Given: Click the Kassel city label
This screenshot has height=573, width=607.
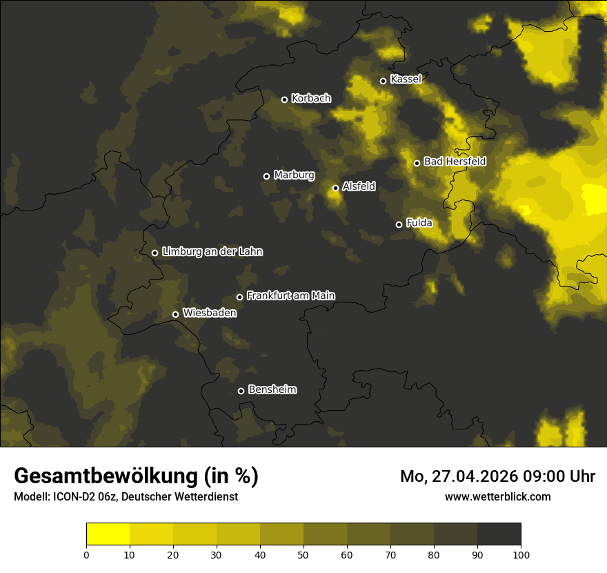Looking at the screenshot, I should pyautogui.click(x=406, y=79).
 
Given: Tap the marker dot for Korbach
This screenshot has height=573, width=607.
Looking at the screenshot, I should pyautogui.click(x=284, y=99).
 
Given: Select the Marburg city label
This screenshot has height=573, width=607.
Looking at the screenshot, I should pyautogui.click(x=294, y=175).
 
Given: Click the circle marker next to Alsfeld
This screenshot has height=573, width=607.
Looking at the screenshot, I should pyautogui.click(x=336, y=188).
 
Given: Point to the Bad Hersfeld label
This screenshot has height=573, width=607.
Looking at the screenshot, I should pyautogui.click(x=455, y=162).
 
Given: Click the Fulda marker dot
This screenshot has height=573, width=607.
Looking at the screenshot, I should pyautogui.click(x=399, y=224).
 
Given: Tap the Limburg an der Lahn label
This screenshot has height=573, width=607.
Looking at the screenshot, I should pyautogui.click(x=212, y=252).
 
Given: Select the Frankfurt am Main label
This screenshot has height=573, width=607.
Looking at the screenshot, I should pyautogui.click(x=290, y=295).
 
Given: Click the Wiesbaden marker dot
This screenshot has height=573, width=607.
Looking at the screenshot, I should pyautogui.click(x=175, y=314).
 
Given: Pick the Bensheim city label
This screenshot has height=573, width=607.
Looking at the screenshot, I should pyautogui.click(x=272, y=389).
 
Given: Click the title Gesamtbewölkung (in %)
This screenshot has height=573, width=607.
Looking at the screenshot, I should pyautogui.click(x=136, y=476).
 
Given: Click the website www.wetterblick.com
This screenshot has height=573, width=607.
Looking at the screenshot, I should pyautogui.click(x=497, y=496).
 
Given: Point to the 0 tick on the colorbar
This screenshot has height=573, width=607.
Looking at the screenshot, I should pyautogui.click(x=86, y=554).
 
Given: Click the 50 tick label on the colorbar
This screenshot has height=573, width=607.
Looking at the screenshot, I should pyautogui.click(x=303, y=554).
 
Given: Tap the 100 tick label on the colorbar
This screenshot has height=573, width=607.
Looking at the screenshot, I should pyautogui.click(x=521, y=554).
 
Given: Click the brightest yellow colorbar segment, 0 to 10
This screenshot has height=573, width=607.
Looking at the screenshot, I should pyautogui.click(x=108, y=534).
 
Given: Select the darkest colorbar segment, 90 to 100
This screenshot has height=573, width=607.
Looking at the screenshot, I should pyautogui.click(x=499, y=534).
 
